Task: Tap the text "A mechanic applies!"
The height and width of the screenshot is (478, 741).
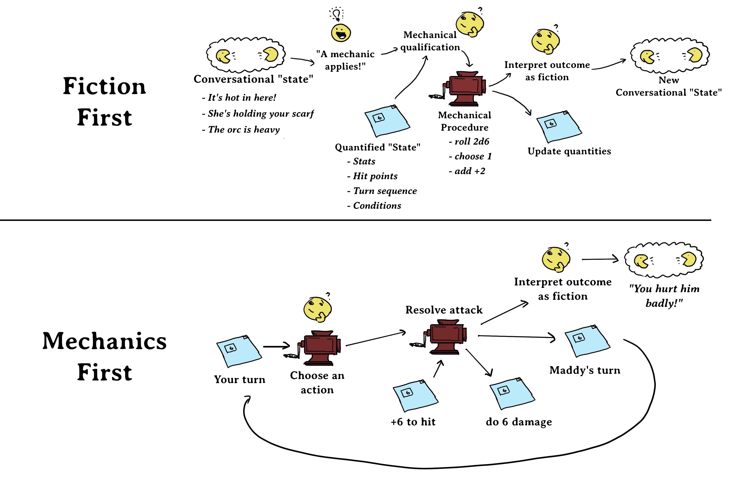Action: (x=345, y=60)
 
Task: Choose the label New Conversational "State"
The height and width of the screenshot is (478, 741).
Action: (x=669, y=86)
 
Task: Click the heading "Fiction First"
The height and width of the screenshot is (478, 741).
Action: (x=105, y=102)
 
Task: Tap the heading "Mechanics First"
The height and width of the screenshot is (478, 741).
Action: (x=105, y=356)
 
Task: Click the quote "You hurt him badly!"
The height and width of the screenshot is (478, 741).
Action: (x=664, y=296)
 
